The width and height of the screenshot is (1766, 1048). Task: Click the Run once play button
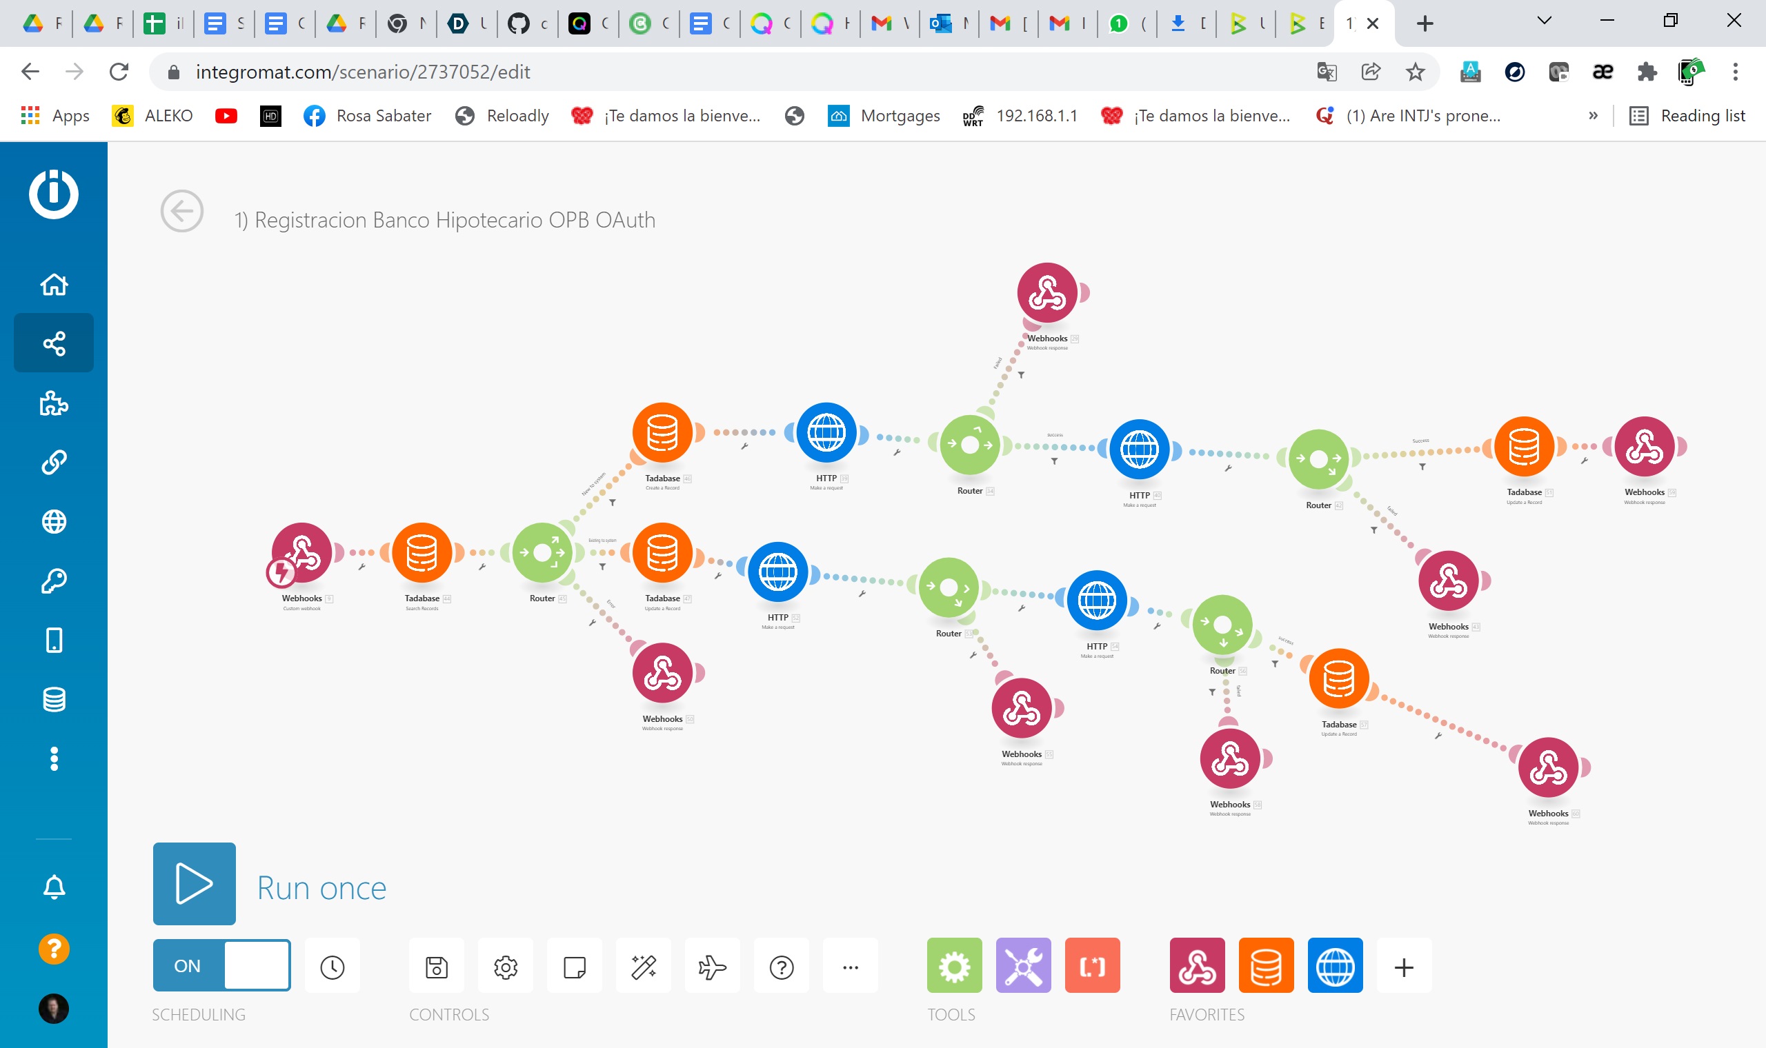(195, 883)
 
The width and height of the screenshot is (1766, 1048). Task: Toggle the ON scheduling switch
(221, 965)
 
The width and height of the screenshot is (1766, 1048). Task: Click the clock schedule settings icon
(332, 967)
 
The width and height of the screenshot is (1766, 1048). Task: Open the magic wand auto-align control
(644, 967)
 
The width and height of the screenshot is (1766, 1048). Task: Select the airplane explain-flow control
(712, 967)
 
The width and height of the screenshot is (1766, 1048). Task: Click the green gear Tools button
(953, 965)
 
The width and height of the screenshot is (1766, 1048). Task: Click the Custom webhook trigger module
(301, 554)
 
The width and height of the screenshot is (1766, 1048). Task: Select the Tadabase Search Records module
(421, 554)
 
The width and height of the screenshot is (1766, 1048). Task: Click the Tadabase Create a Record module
(662, 433)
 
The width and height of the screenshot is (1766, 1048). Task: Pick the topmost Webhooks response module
(1047, 293)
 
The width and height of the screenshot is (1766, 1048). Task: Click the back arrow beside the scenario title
(181, 211)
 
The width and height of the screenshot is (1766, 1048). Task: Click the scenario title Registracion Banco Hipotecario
(444, 221)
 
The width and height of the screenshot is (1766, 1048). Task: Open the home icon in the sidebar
(54, 285)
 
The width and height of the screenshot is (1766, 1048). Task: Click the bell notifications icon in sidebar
(54, 886)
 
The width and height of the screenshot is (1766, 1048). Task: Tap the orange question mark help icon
(54, 949)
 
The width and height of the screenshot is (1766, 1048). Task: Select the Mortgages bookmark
(884, 116)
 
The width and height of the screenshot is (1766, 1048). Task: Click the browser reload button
(119, 71)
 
